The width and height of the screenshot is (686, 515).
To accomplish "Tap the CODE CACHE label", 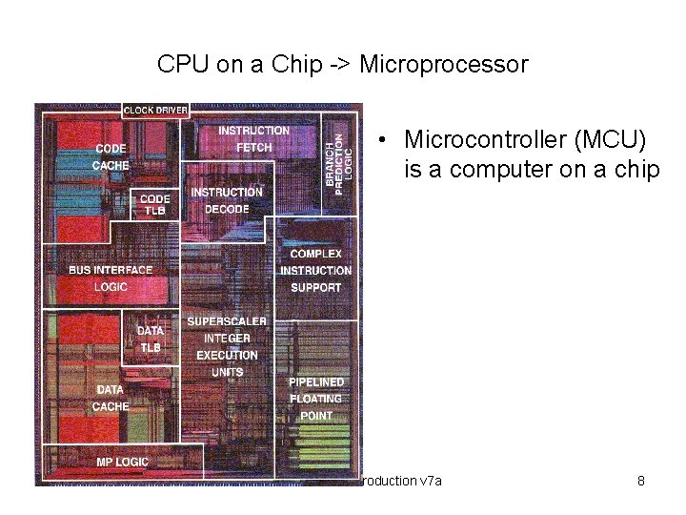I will (111, 156).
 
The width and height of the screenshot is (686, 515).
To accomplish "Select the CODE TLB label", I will (155, 205).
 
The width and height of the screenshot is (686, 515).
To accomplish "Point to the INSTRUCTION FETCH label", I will (253, 138).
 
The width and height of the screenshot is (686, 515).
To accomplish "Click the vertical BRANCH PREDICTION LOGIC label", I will (339, 153).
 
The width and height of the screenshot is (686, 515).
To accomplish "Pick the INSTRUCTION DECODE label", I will (227, 200).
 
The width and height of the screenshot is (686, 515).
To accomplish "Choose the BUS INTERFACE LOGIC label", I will (111, 278).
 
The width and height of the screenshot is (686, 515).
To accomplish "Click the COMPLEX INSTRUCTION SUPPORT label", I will (315, 271).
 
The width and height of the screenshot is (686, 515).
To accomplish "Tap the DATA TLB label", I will (151, 340).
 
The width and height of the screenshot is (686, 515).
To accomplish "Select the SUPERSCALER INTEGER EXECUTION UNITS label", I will (227, 346).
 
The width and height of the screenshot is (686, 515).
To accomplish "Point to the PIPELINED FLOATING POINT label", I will (316, 399).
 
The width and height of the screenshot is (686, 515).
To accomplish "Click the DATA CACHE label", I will (111, 398).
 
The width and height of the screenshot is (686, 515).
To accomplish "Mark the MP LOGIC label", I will (122, 463).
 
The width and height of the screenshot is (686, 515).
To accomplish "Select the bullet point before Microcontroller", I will (379, 140).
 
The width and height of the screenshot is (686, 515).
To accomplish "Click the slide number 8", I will (641, 481).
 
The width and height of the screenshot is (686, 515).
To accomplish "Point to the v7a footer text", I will (431, 481).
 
